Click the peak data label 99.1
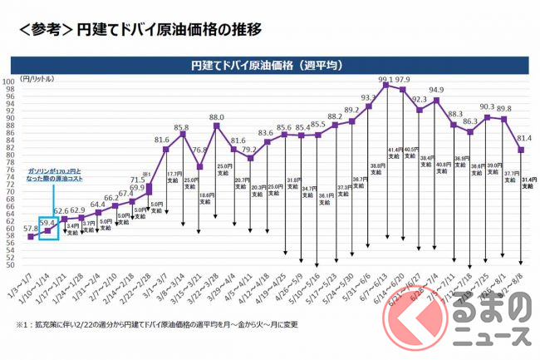(385, 81)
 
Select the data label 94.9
(437, 91)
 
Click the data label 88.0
(217, 117)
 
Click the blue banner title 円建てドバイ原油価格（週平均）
(268, 64)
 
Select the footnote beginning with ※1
(156, 324)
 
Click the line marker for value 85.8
(183, 134)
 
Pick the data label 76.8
(199, 150)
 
